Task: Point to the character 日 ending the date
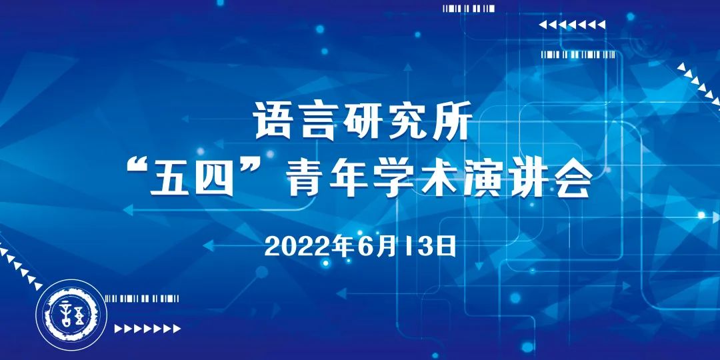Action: [x=445, y=247]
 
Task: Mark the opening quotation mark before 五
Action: [x=136, y=169]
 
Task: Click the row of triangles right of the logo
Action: [x=147, y=328]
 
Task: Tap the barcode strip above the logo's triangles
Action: [x=142, y=299]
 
